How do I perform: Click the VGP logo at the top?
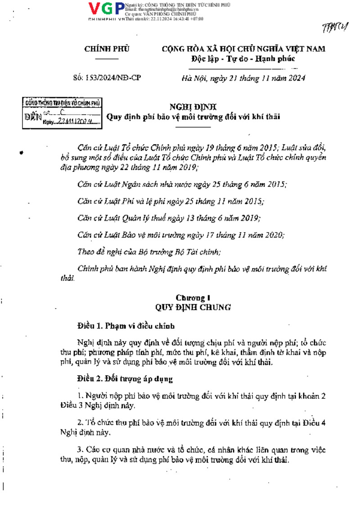click(107, 9)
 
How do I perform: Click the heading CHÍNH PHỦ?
click(107, 49)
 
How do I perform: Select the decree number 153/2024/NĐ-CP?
click(107, 78)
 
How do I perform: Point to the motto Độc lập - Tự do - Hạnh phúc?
click(243, 59)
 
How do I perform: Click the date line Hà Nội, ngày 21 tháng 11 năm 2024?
click(243, 78)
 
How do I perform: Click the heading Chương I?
click(193, 298)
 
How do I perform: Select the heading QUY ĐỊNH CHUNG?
click(193, 307)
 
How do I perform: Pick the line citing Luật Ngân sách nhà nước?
click(182, 184)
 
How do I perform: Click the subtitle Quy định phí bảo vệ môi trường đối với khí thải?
click(193, 117)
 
